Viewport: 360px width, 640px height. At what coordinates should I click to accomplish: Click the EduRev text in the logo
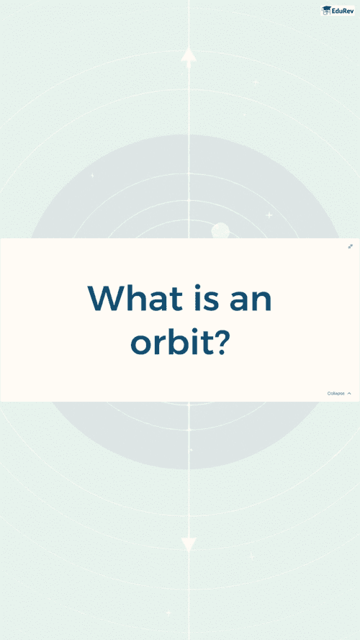[x=343, y=11]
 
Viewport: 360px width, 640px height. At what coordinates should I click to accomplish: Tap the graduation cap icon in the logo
[x=327, y=11]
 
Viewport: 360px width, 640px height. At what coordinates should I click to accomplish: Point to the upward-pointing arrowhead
[x=189, y=57]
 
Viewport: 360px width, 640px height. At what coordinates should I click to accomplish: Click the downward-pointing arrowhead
[x=189, y=544]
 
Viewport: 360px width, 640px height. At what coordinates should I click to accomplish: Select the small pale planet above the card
[x=220, y=230]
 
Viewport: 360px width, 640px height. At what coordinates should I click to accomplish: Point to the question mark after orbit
[x=220, y=341]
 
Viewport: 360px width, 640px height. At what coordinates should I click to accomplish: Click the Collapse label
[x=336, y=394]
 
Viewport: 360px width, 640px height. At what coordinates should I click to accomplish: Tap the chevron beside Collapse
[x=349, y=394]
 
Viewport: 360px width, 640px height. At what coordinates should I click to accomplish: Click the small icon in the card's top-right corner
[x=350, y=246]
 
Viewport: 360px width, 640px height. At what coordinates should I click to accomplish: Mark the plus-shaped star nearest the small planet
[x=269, y=215]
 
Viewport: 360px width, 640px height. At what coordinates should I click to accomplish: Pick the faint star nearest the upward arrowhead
[x=256, y=83]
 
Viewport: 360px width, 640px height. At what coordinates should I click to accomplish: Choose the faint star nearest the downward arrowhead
[x=251, y=556]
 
